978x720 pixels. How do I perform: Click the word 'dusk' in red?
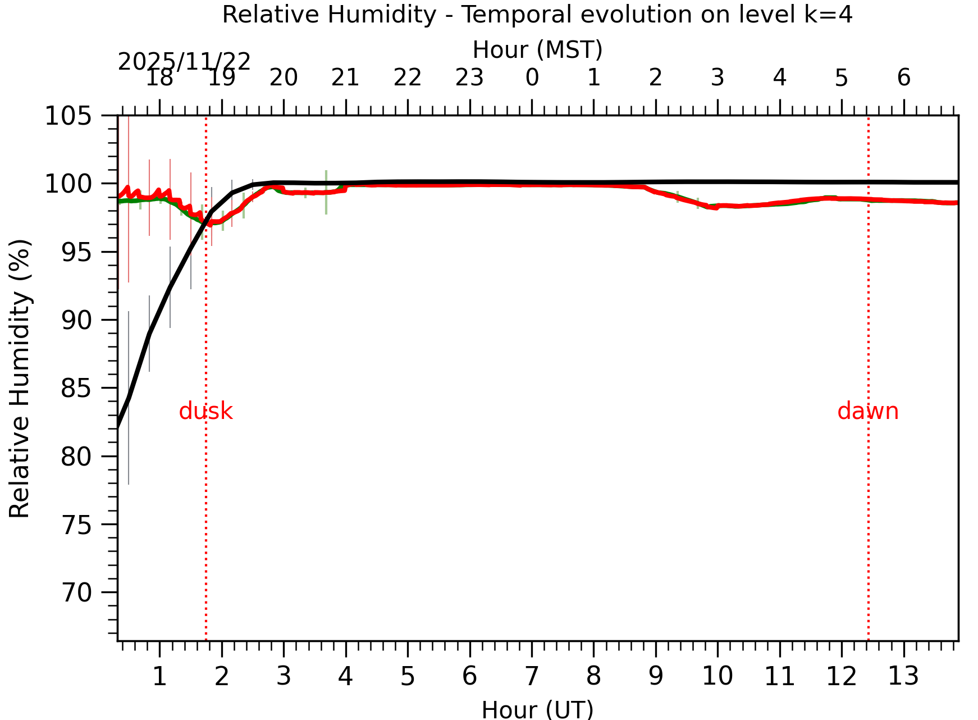(205, 412)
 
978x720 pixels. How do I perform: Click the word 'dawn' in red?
(867, 412)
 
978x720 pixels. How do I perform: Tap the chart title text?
(537, 15)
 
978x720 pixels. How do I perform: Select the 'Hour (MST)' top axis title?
(537, 50)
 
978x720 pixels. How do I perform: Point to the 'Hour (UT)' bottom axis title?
(537, 709)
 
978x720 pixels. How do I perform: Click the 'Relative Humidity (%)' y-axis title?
(20, 378)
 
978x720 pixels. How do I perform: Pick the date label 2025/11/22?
(184, 62)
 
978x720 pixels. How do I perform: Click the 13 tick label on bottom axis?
(903, 676)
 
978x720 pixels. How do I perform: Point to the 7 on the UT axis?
(532, 676)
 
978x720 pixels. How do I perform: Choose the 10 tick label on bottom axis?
(717, 676)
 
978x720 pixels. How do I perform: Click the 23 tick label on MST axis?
(469, 78)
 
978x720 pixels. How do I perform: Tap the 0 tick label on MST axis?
(532, 78)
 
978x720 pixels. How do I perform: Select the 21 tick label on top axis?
(345, 78)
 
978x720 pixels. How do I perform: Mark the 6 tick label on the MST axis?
(903, 78)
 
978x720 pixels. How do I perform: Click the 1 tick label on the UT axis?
(159, 676)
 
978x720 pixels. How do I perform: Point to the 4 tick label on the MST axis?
(779, 78)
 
